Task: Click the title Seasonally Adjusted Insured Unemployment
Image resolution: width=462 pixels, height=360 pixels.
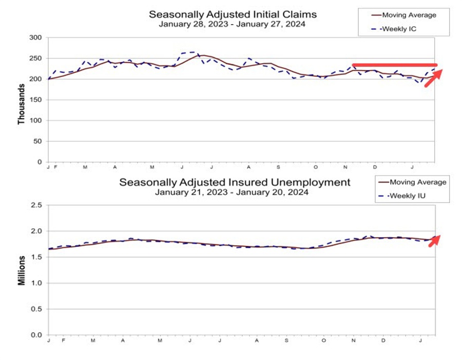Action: (x=235, y=182)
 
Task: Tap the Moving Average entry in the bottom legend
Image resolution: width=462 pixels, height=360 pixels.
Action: (x=412, y=182)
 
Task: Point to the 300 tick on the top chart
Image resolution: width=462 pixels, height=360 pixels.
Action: (x=35, y=37)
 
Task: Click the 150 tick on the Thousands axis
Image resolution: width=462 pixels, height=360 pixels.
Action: (x=35, y=100)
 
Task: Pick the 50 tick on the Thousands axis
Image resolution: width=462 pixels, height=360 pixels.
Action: (x=37, y=142)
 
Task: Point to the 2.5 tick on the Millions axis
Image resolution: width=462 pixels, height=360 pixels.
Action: (x=36, y=205)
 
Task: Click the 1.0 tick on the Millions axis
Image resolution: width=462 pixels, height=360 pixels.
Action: (x=36, y=283)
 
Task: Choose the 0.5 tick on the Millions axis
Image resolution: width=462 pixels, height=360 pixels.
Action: (x=36, y=309)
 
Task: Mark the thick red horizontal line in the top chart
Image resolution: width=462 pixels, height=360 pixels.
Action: (x=394, y=65)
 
